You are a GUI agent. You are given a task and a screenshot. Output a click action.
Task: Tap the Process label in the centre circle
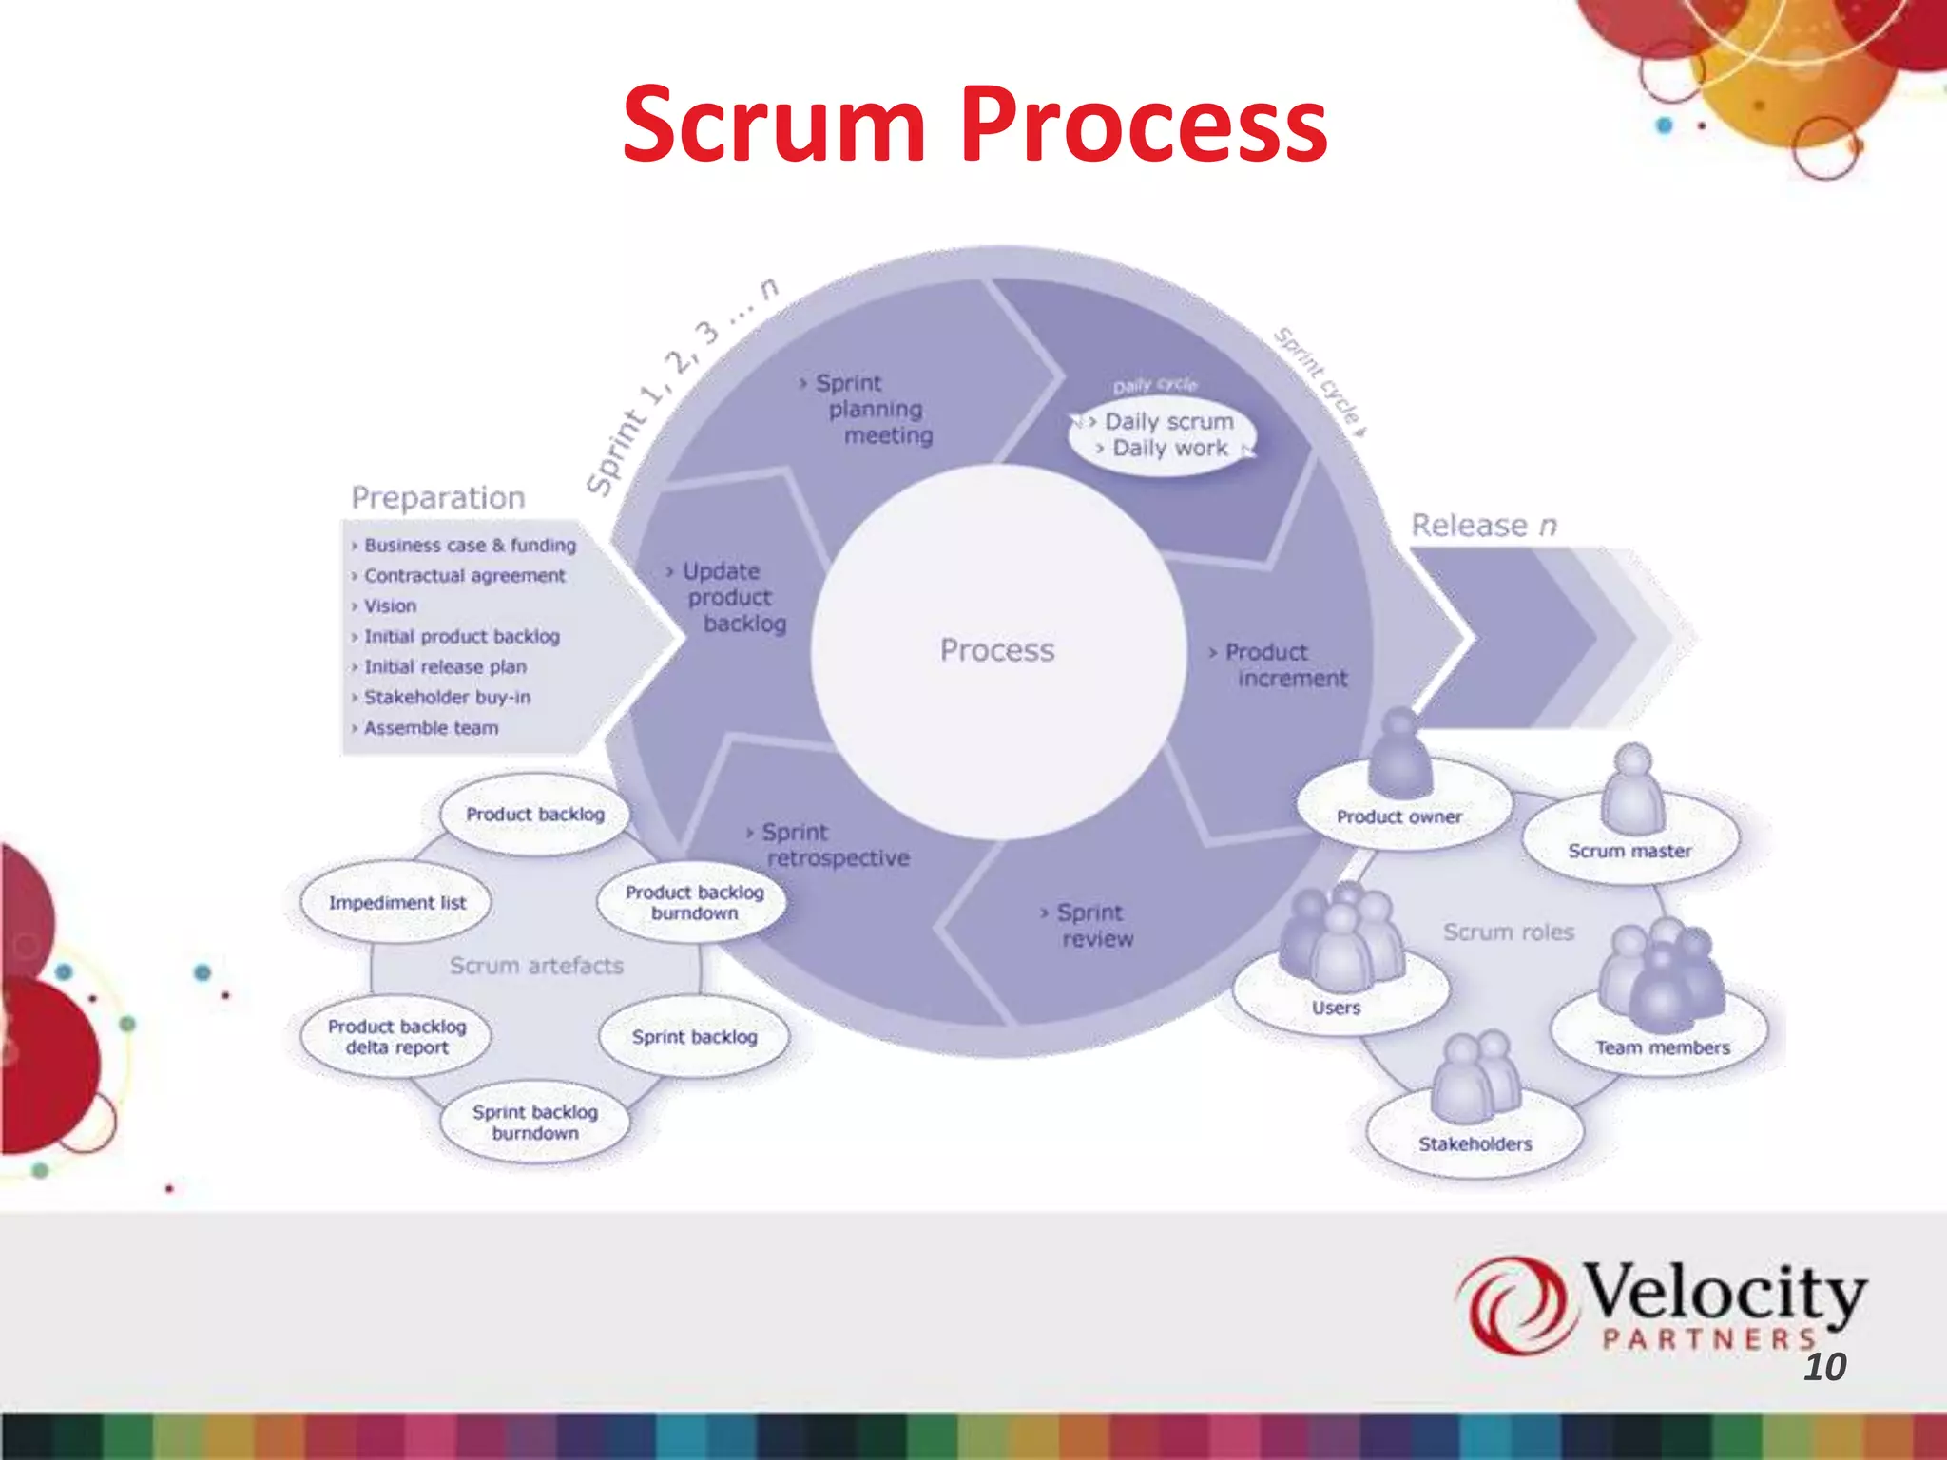[x=997, y=650]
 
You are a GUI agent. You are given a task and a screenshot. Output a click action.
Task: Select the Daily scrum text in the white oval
[x=1168, y=421]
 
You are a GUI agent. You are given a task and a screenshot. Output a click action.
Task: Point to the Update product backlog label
[x=728, y=597]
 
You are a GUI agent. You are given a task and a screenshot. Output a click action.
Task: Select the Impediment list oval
[x=396, y=903]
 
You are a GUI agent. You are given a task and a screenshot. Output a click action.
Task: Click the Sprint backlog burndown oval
[x=535, y=1123]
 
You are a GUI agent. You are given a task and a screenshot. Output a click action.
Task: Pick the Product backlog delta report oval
[x=396, y=1037]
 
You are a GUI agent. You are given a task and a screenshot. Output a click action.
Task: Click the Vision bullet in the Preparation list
[x=390, y=606]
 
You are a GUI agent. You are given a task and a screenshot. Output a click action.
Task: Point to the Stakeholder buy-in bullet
[x=447, y=698]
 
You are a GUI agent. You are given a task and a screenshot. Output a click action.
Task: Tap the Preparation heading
[x=437, y=498]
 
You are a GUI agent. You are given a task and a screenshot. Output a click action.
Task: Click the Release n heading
[x=1483, y=526]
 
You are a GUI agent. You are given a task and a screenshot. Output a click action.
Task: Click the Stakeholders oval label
[x=1475, y=1144]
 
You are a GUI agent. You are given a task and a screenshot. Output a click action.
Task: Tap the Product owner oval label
[x=1398, y=816]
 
